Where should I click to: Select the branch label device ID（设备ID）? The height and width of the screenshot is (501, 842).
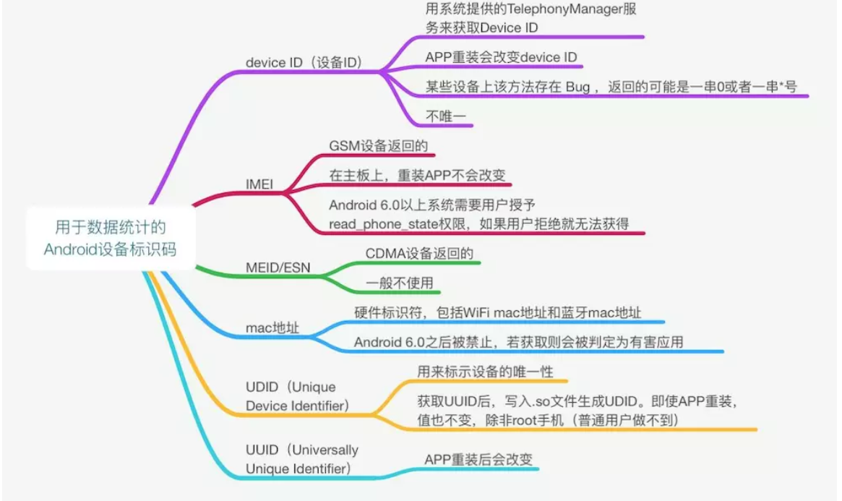click(x=304, y=62)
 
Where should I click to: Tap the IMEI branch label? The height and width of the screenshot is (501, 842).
click(x=259, y=184)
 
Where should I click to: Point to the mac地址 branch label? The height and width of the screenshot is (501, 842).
click(x=272, y=328)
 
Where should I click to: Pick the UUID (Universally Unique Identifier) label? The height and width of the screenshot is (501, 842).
click(x=301, y=459)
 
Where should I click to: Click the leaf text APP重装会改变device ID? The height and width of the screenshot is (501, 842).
click(x=501, y=58)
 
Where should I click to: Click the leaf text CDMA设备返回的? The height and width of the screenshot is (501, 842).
click(x=419, y=254)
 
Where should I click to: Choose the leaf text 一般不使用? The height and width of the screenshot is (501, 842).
click(x=399, y=283)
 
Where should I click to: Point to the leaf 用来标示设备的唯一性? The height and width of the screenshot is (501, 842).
click(x=485, y=372)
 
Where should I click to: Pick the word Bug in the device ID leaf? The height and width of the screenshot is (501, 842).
click(x=578, y=86)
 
